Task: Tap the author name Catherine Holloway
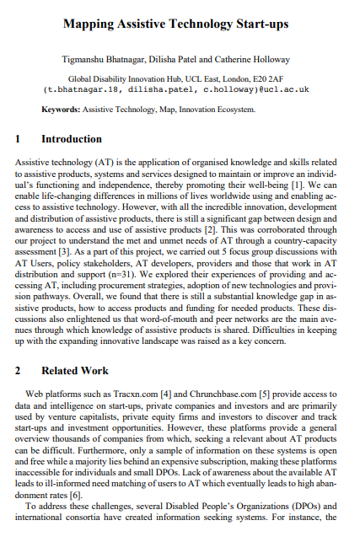click(x=250, y=60)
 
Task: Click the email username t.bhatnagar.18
click(x=80, y=88)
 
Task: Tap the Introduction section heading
click(x=72, y=139)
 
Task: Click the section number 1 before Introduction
click(x=19, y=139)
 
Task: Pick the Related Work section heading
click(x=75, y=370)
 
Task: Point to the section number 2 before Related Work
click(x=19, y=370)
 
